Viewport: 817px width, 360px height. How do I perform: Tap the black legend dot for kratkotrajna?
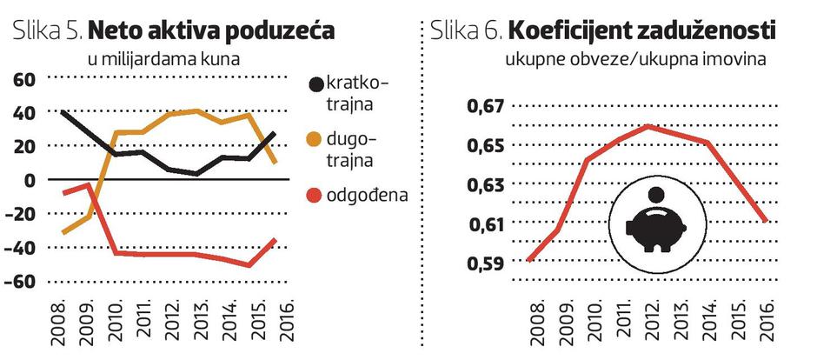pos(315,85)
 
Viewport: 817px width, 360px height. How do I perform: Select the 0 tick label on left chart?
pos(29,180)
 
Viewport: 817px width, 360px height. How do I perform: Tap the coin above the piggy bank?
pos(657,194)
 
